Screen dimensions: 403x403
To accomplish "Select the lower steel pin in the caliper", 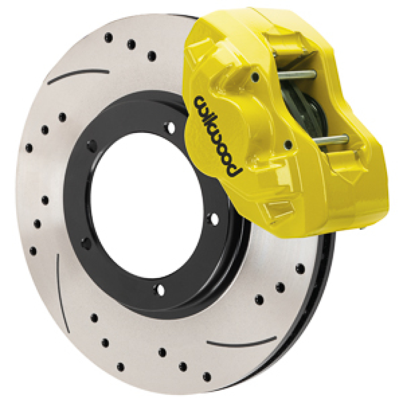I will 327,139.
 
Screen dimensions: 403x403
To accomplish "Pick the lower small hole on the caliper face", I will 288,145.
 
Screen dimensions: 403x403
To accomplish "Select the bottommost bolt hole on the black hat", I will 160,289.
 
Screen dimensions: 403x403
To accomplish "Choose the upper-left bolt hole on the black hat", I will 92,146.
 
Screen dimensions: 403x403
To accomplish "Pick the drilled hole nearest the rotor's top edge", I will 108,37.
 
